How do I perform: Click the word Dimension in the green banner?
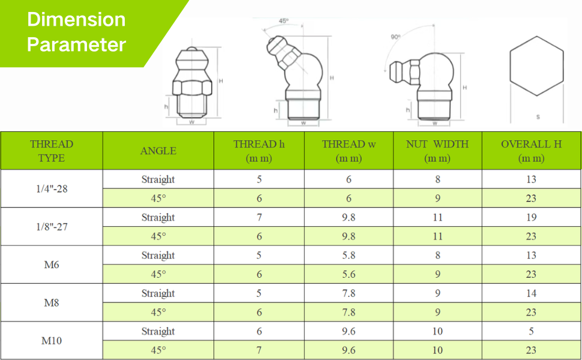(76, 19)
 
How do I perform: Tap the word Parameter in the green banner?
(76, 44)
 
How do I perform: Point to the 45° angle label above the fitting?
(284, 21)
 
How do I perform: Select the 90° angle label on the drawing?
(395, 37)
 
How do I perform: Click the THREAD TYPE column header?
(52, 151)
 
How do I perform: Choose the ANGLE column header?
(158, 151)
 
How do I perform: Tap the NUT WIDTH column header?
(437, 151)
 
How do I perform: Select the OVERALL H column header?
(531, 151)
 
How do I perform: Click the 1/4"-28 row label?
(52, 188)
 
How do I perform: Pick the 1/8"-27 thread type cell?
(52, 226)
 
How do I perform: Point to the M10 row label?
(52, 340)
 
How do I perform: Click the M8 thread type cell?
(52, 302)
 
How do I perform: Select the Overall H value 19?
(531, 217)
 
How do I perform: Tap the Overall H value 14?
(531, 293)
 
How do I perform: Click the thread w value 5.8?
(349, 256)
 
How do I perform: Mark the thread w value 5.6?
(349, 274)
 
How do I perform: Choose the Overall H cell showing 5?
(531, 331)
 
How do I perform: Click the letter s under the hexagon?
(538, 117)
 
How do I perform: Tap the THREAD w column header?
(349, 151)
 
